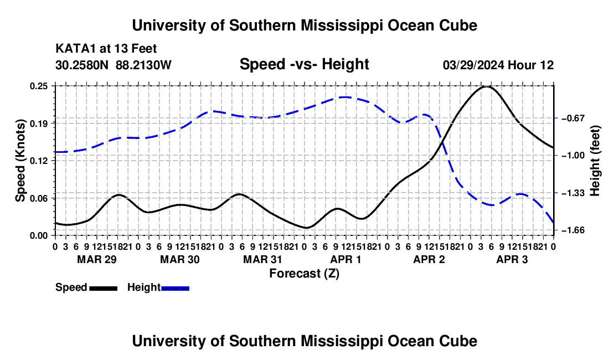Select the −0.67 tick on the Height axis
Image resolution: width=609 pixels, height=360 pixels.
click(573, 118)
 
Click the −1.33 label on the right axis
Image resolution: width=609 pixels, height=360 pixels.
click(573, 193)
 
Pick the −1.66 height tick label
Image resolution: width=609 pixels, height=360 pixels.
click(573, 230)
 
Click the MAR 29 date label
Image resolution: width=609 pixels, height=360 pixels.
click(97, 259)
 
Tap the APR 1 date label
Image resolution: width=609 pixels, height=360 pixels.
click(345, 259)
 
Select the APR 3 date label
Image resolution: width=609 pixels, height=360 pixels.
click(512, 259)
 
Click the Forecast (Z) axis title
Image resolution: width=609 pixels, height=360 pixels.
click(304, 274)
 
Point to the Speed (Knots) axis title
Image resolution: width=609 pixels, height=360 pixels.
click(20, 161)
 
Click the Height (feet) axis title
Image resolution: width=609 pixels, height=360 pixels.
click(595, 161)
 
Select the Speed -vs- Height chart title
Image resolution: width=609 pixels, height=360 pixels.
click(304, 64)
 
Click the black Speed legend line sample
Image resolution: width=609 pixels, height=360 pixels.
click(104, 288)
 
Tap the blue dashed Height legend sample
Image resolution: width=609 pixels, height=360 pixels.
click(175, 288)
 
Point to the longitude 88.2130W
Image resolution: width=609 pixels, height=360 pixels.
click(143, 65)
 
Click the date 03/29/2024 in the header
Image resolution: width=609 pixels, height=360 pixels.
click(474, 65)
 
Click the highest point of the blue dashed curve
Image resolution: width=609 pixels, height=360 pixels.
click(345, 97)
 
